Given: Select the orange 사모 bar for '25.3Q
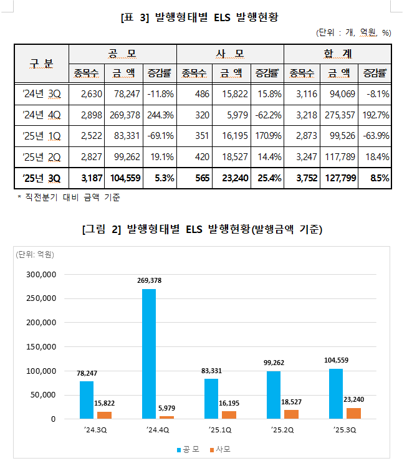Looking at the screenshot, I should pos(353,413).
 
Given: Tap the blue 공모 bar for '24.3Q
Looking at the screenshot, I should pos(87,399).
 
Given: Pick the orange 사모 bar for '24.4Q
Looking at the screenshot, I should pos(166,417).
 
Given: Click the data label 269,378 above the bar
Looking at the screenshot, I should pos(149,280).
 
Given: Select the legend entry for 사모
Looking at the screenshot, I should pos(219,449).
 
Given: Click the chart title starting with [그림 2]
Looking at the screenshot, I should pos(202,230).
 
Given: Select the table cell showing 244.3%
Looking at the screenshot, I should pos(160,115).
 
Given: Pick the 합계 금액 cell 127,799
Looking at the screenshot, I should pos(337,178).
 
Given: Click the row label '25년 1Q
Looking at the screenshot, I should pos(41,136).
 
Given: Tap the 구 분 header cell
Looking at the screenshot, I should pos(41,63).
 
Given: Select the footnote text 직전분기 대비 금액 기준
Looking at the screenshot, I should pos(71,197).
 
